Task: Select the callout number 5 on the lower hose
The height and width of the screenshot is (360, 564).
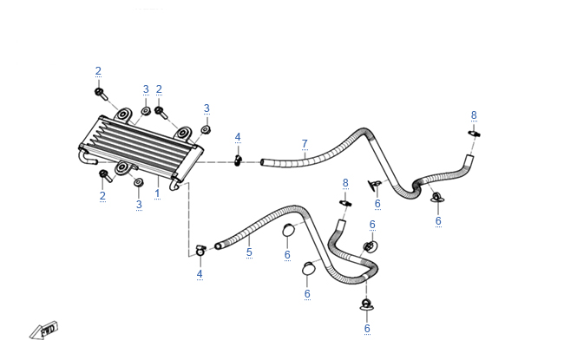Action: pyautogui.click(x=249, y=252)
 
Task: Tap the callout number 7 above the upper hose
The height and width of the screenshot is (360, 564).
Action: pyautogui.click(x=305, y=143)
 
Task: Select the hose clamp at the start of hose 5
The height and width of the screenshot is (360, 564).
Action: pyautogui.click(x=200, y=250)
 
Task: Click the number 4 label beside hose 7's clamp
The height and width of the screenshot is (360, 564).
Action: pyautogui.click(x=238, y=137)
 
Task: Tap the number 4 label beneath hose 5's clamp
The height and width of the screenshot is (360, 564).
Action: pyautogui.click(x=200, y=274)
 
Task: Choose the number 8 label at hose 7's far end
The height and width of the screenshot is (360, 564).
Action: pyautogui.click(x=474, y=115)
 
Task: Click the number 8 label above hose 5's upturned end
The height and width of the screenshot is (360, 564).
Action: pyautogui.click(x=345, y=182)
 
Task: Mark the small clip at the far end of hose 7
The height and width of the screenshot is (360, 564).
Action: pyautogui.click(x=474, y=133)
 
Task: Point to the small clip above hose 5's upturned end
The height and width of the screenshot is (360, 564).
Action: pyautogui.click(x=344, y=202)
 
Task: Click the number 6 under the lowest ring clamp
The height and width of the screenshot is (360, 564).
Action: pyautogui.click(x=367, y=328)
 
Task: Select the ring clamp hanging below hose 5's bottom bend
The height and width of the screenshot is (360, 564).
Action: pyautogui.click(x=367, y=305)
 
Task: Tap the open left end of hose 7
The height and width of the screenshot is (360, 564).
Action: pyautogui.click(x=266, y=162)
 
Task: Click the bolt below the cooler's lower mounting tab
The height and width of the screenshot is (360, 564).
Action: pyautogui.click(x=105, y=176)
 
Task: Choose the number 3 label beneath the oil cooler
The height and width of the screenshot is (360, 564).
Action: pyautogui.click(x=138, y=204)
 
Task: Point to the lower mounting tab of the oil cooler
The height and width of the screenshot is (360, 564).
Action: pyautogui.click(x=123, y=168)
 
